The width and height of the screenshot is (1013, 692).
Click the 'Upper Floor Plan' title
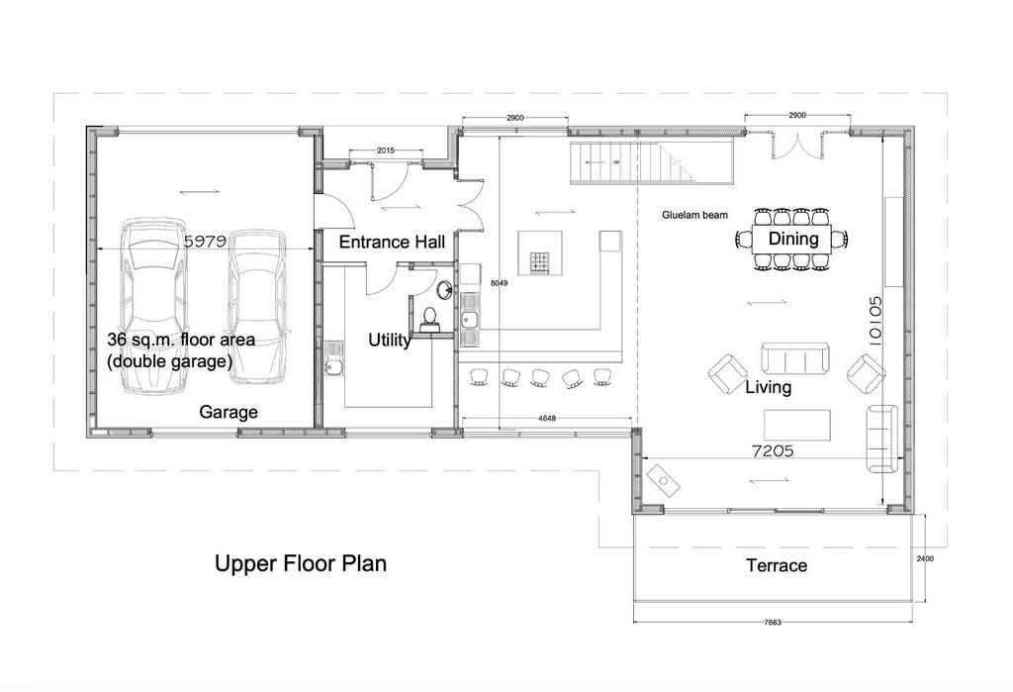click(301, 563)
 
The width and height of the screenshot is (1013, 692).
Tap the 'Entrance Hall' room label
click(392, 242)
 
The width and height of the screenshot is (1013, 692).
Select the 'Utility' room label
click(389, 340)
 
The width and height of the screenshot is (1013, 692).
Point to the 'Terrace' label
click(777, 566)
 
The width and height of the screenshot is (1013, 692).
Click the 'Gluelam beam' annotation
click(694, 215)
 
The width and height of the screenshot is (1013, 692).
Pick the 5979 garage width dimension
click(205, 242)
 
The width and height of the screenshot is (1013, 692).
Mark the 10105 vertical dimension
click(875, 321)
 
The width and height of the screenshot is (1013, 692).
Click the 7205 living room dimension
click(773, 450)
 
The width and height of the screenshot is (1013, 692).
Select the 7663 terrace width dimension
click(773, 622)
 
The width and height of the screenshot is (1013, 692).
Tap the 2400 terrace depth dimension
click(925, 558)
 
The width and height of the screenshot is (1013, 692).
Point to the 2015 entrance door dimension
click(386, 150)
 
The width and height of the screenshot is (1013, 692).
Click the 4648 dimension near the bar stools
click(546, 419)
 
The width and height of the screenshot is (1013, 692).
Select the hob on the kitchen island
click(540, 262)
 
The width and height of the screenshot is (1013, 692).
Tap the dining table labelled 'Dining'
click(792, 240)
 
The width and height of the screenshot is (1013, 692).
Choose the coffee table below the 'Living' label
click(797, 425)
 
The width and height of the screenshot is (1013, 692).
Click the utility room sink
click(334, 359)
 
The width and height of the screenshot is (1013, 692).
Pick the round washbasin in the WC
click(444, 289)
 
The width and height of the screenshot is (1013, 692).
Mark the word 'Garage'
click(229, 412)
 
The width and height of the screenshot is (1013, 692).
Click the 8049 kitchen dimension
click(500, 283)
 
